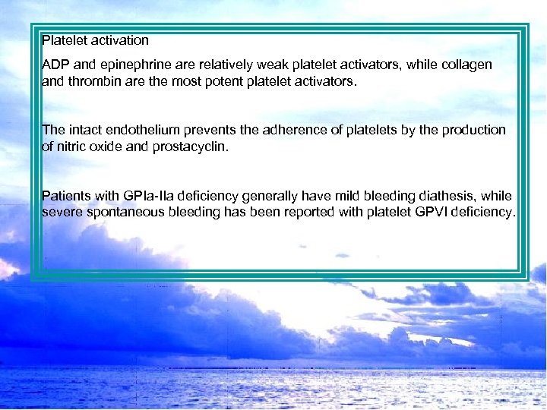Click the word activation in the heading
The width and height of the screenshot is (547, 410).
tap(121, 39)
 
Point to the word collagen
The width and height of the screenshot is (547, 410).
tap(465, 65)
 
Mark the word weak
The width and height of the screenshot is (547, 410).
tap(276, 65)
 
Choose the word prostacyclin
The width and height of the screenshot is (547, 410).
tap(192, 146)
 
